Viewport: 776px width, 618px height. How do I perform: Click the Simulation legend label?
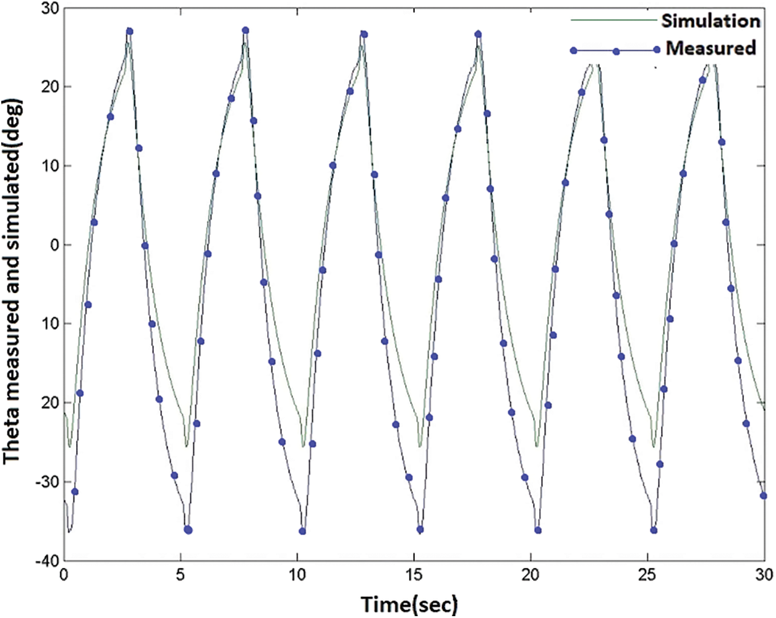click(x=710, y=20)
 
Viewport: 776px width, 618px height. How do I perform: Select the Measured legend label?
click(x=710, y=48)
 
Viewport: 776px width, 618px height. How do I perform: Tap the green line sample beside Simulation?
click(x=613, y=20)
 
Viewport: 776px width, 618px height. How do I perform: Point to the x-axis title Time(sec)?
click(x=409, y=603)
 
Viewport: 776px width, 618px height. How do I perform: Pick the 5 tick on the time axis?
click(x=180, y=575)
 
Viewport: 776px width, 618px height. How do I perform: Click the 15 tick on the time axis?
click(x=414, y=575)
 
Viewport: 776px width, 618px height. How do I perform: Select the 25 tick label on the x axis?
click(x=647, y=575)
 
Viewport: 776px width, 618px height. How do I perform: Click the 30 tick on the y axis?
click(x=48, y=8)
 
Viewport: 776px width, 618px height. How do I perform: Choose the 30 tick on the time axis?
click(x=764, y=575)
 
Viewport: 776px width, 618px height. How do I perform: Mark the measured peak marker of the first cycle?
click(x=129, y=31)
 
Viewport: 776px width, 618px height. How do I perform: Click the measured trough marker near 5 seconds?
click(x=188, y=530)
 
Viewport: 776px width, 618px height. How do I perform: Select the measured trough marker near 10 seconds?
click(x=302, y=531)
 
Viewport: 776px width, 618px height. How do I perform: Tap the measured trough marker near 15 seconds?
click(x=420, y=530)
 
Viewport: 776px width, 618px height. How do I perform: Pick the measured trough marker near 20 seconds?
click(x=538, y=530)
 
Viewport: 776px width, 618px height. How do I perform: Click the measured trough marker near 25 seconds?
click(x=654, y=530)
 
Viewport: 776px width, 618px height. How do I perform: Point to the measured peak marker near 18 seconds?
click(x=478, y=34)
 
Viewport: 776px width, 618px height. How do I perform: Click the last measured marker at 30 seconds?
click(x=764, y=496)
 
